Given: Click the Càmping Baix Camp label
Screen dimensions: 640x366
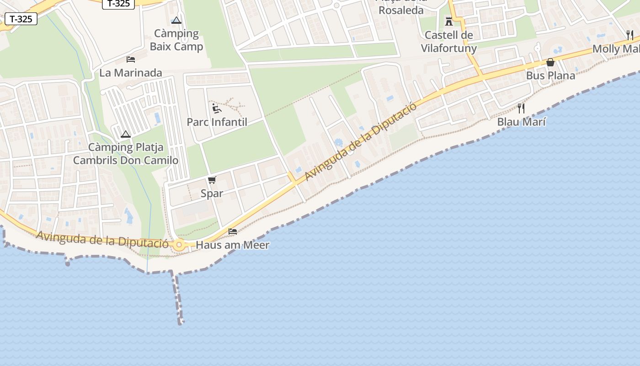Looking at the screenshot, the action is (x=176, y=40).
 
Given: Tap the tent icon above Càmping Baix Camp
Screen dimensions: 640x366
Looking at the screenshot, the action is (x=176, y=20).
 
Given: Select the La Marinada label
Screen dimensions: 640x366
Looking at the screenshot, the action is (x=131, y=73).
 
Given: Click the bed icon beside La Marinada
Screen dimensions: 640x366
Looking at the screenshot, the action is (x=131, y=59).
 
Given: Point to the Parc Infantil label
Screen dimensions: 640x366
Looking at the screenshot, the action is (x=217, y=122).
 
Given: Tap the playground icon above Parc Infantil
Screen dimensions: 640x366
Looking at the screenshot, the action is (x=217, y=108).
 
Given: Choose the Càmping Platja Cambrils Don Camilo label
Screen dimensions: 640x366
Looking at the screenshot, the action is (x=126, y=154).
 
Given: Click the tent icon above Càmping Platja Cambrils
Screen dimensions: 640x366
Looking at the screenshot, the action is (x=126, y=135).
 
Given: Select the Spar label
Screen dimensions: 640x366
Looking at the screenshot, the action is (x=212, y=194).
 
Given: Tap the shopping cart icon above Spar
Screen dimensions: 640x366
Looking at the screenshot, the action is (x=212, y=180).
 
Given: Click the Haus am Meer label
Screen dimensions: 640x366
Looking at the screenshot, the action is (x=232, y=245).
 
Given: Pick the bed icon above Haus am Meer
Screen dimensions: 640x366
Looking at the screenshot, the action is (x=233, y=231).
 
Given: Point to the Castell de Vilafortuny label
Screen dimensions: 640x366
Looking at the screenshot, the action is (x=448, y=42).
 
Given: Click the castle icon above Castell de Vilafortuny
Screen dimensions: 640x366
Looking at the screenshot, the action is (x=448, y=22).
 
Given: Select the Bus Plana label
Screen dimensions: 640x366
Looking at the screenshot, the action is (x=550, y=75).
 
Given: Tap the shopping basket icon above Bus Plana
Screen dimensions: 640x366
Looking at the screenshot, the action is (x=550, y=62).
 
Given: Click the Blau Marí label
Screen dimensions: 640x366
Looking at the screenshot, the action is (x=521, y=122).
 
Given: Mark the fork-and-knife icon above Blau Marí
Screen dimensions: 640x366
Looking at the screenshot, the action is (x=521, y=108).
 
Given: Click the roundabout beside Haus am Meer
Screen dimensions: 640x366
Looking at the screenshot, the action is (x=179, y=245).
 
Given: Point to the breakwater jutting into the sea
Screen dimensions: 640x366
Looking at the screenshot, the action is (x=177, y=297).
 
